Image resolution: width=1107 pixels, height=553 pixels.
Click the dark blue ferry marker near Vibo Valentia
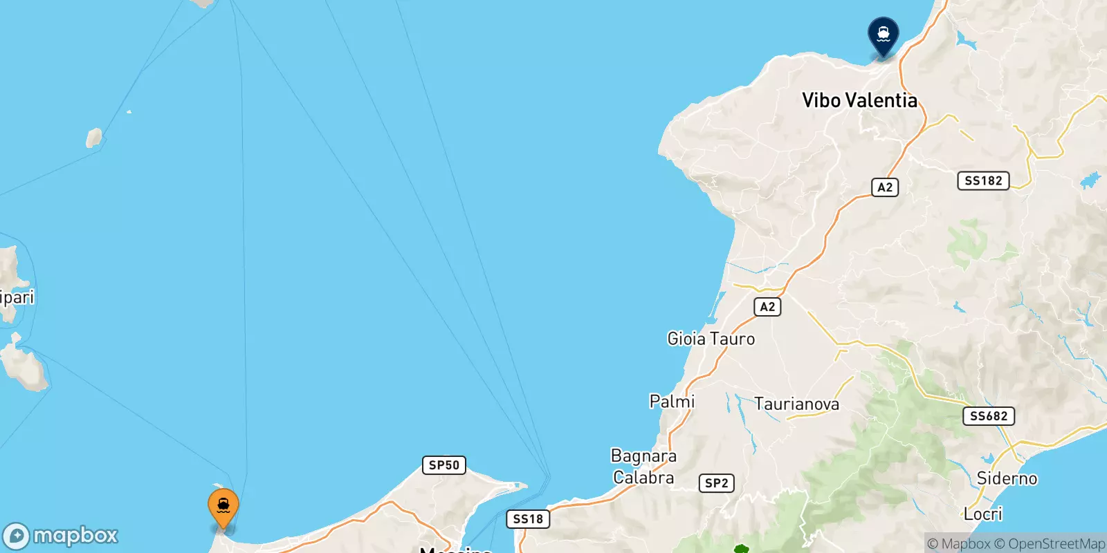click(883, 34)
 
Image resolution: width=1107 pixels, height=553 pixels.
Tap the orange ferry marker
click(223, 507)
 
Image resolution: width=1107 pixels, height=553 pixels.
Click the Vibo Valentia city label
click(859, 100)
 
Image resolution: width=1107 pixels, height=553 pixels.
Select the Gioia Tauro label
click(711, 339)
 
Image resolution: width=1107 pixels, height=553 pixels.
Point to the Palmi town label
click(672, 401)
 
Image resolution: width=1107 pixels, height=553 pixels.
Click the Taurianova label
click(796, 404)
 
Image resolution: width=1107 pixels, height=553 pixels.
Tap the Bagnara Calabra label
click(643, 467)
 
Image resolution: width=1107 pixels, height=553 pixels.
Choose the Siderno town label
click(1007, 478)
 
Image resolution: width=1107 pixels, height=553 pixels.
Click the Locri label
click(982, 514)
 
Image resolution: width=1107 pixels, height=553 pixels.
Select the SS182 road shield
click(983, 180)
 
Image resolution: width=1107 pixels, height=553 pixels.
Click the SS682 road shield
click(989, 415)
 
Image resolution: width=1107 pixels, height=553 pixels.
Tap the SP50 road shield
click(443, 465)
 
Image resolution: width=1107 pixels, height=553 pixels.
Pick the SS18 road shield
click(528, 518)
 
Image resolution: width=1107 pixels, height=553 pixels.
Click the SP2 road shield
click(716, 483)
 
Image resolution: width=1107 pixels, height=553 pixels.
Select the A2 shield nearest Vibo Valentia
click(885, 187)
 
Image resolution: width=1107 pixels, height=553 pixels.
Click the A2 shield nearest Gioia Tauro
click(767, 307)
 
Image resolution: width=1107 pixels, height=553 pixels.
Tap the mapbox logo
click(61, 536)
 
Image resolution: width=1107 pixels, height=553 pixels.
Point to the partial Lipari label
click(17, 297)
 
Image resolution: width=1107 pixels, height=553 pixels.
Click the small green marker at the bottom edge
click(741, 550)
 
